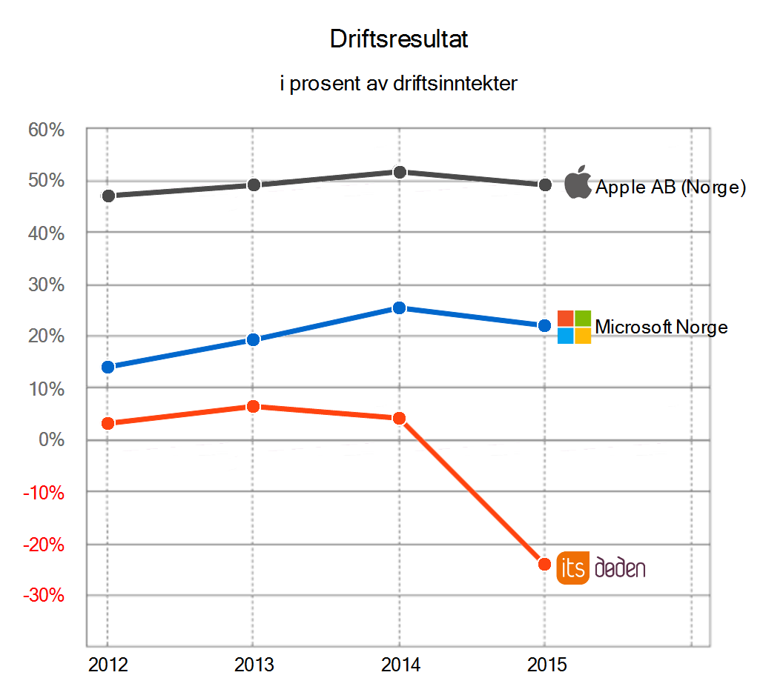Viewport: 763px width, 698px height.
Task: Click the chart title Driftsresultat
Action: (399, 40)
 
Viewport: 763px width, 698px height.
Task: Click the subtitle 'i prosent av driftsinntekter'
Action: (398, 84)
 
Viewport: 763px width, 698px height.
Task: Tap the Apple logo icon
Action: (578, 183)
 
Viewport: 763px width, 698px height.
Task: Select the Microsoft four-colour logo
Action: (574, 327)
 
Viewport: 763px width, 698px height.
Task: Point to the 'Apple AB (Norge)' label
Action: (670, 187)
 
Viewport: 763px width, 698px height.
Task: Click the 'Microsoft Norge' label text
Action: (661, 327)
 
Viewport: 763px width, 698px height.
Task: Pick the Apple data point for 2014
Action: (399, 172)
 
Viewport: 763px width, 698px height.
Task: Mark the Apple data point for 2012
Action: (108, 196)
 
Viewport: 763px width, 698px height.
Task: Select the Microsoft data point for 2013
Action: (253, 340)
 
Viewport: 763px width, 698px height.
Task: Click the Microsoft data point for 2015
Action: (544, 325)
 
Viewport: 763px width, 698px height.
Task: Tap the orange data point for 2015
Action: (544, 564)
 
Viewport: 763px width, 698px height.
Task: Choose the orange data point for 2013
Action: (253, 406)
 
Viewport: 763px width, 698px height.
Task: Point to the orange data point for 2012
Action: (108, 423)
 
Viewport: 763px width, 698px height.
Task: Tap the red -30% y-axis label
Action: (44, 596)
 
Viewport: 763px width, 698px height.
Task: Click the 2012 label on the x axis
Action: (108, 665)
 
